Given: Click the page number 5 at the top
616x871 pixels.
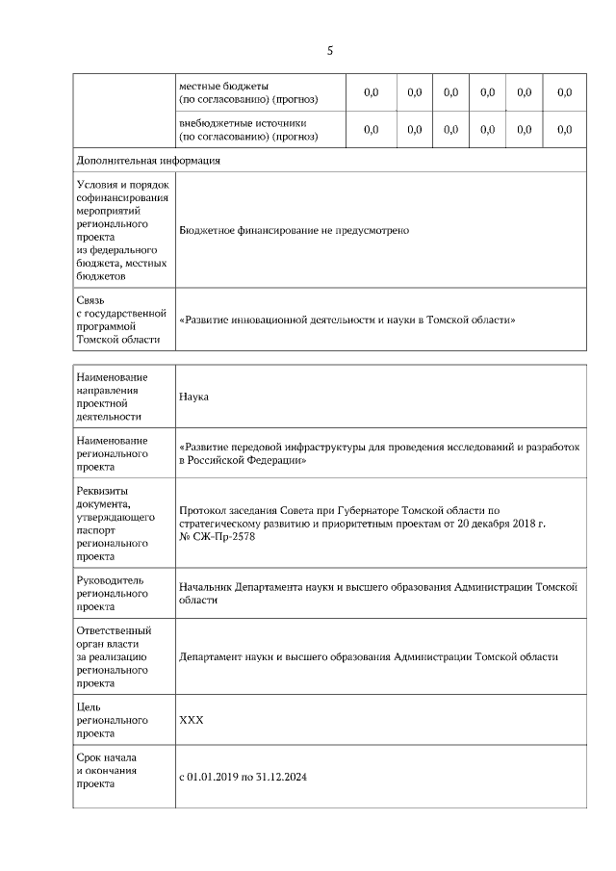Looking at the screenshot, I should point(329,50).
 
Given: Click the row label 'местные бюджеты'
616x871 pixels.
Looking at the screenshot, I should point(224,86).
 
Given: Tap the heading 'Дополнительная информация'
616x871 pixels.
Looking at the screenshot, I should point(147,160).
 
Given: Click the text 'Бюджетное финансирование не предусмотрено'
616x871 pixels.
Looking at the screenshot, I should point(295,231).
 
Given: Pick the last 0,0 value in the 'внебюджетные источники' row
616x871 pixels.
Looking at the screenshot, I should point(565,129).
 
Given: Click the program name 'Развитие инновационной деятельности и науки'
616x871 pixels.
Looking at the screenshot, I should point(347,319).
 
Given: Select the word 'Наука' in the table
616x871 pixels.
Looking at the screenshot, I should point(193,397).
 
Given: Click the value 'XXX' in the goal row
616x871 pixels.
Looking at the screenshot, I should point(192,720).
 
